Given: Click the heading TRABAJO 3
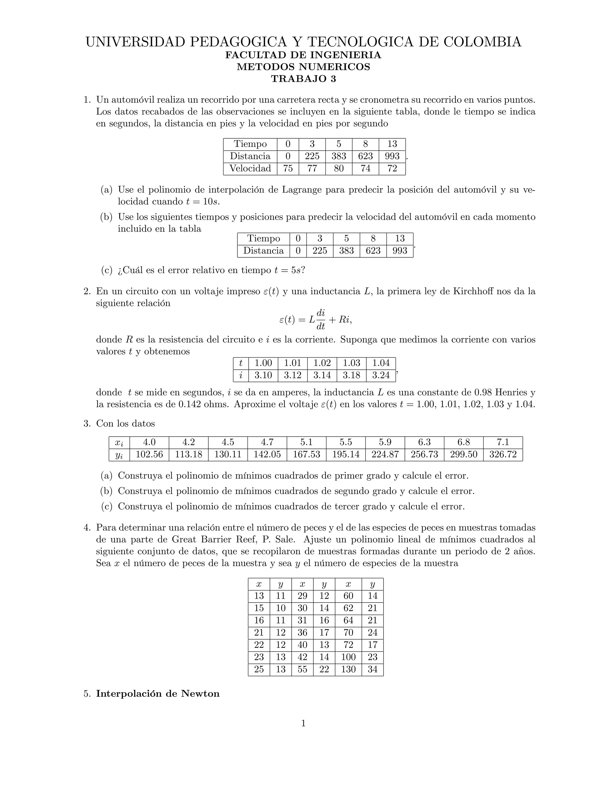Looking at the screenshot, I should [303, 79].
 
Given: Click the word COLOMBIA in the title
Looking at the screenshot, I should [482, 42].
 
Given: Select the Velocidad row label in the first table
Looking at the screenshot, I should [250, 168].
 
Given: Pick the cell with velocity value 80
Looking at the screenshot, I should [338, 168].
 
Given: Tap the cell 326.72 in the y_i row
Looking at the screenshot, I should [503, 454].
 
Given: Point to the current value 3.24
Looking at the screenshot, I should [381, 375].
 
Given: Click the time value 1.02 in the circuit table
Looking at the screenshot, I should [322, 363].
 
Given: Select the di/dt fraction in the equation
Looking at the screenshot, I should [321, 320].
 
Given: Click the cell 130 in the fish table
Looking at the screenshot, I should [348, 669].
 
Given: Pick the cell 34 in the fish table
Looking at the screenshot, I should [372, 669].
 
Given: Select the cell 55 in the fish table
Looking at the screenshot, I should [302, 669].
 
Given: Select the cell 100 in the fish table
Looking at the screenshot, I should [348, 657].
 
